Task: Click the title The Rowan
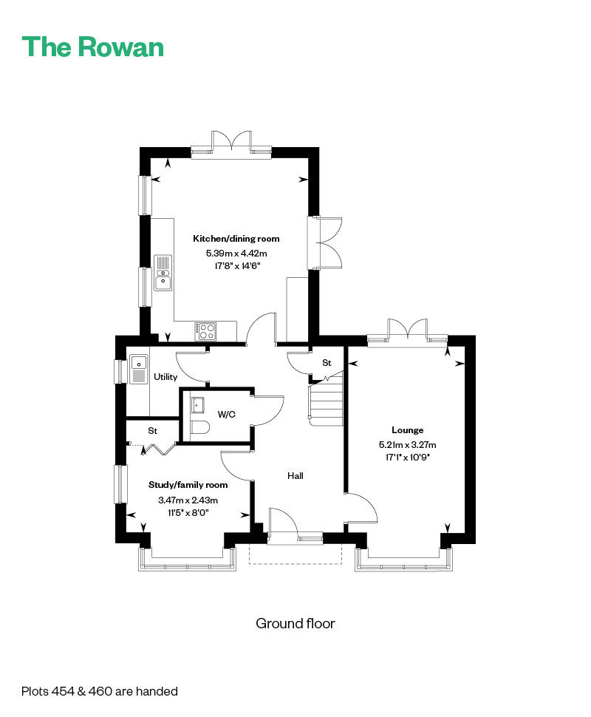click(x=93, y=47)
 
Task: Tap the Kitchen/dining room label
click(x=236, y=238)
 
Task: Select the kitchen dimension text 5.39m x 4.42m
click(x=236, y=253)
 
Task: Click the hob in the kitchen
click(x=205, y=331)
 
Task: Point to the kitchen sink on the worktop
click(x=163, y=273)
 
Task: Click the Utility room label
click(x=165, y=377)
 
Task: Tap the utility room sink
click(x=138, y=370)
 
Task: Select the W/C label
click(x=227, y=415)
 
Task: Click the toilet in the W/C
click(x=199, y=427)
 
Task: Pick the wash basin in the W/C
click(x=197, y=404)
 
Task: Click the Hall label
click(x=295, y=475)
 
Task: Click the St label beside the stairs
click(x=327, y=363)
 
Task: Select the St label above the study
click(x=153, y=431)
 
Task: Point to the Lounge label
click(x=407, y=430)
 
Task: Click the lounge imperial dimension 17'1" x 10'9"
click(x=407, y=457)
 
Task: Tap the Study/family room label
click(x=188, y=485)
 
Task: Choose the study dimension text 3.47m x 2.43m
click(x=188, y=500)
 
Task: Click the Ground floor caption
click(x=295, y=623)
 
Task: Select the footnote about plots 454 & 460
click(x=100, y=691)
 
